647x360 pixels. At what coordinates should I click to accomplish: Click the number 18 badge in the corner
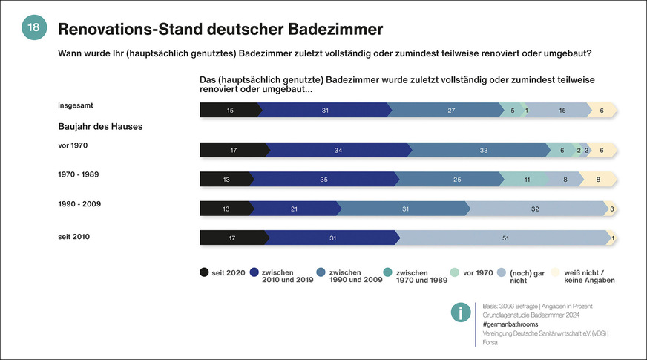click(x=33, y=27)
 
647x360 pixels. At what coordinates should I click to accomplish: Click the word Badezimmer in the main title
click(x=326, y=30)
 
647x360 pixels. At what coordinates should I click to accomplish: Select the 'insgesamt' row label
click(x=76, y=105)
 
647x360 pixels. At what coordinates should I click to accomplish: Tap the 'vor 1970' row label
click(x=73, y=145)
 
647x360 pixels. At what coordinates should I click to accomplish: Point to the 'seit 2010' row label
click(x=74, y=237)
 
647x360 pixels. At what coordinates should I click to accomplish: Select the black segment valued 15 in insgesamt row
click(x=230, y=111)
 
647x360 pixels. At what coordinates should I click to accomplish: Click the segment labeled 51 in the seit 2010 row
click(x=505, y=238)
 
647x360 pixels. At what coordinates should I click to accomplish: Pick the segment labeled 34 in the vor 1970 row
click(x=338, y=151)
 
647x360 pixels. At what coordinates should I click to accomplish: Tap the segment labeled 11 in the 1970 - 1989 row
click(x=526, y=180)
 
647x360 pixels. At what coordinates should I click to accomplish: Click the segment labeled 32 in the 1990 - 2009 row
click(x=534, y=209)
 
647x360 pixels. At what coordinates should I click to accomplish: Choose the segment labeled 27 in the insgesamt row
click(x=451, y=111)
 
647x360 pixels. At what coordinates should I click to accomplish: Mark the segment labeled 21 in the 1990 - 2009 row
click(x=294, y=209)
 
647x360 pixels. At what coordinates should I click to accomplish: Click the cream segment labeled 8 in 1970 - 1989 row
click(x=598, y=180)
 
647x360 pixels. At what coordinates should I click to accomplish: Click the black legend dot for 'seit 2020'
click(x=204, y=272)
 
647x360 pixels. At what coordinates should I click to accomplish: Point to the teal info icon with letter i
click(x=461, y=313)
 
